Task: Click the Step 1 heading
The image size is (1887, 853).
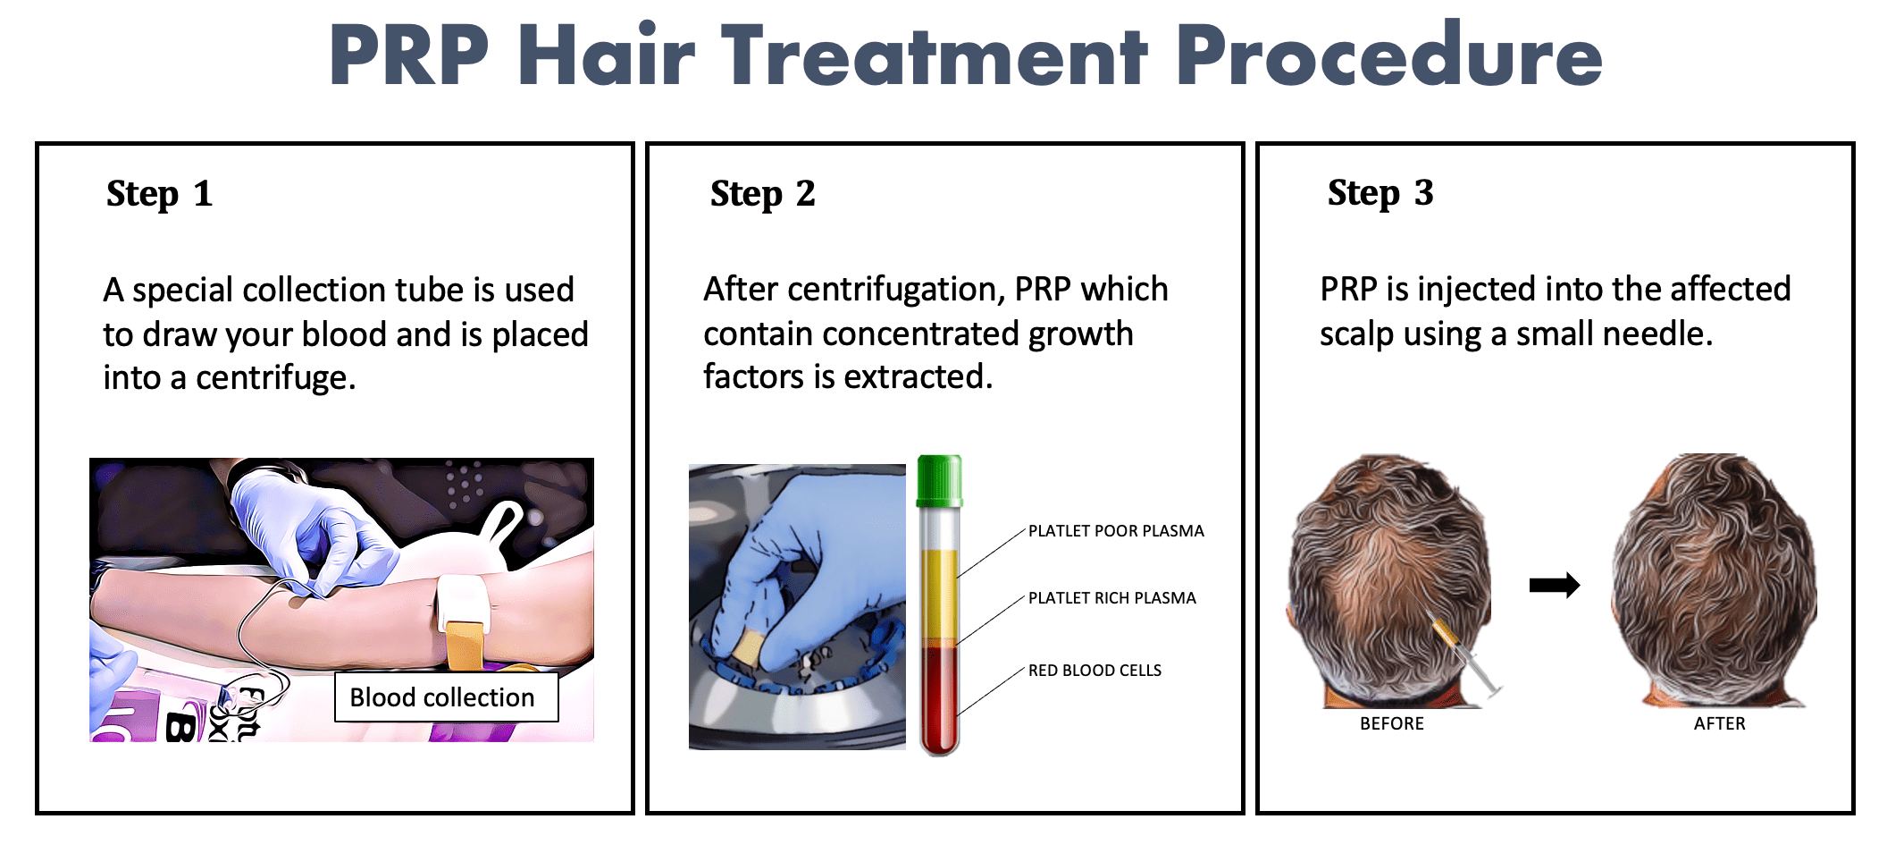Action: tap(159, 194)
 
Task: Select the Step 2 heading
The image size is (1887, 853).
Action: tap(762, 194)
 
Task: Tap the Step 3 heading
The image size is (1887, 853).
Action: tap(1380, 193)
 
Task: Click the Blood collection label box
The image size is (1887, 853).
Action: tap(446, 697)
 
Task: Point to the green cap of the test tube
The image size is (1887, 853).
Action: tap(939, 480)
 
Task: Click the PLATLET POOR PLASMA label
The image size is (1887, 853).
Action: tap(1115, 531)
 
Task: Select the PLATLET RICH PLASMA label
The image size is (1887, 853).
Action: tap(1111, 598)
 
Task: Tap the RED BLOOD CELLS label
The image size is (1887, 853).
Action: tap(1094, 671)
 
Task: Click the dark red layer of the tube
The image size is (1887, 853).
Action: tap(939, 697)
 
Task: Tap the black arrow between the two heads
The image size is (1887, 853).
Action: tap(1554, 586)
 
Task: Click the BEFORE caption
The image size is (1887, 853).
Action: tap(1391, 723)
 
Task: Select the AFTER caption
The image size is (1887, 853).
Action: tap(1719, 723)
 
